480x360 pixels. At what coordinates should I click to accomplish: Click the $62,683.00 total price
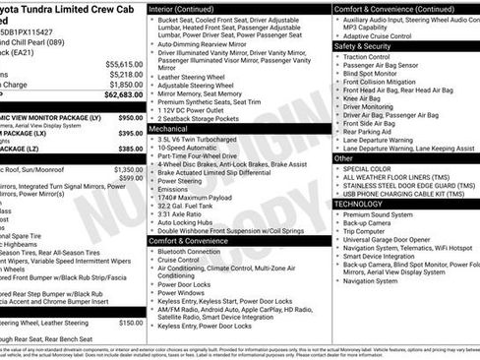tap(123, 95)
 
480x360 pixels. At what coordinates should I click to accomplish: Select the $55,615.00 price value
tap(123, 63)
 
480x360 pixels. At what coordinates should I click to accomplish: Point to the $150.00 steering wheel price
tap(130, 322)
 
